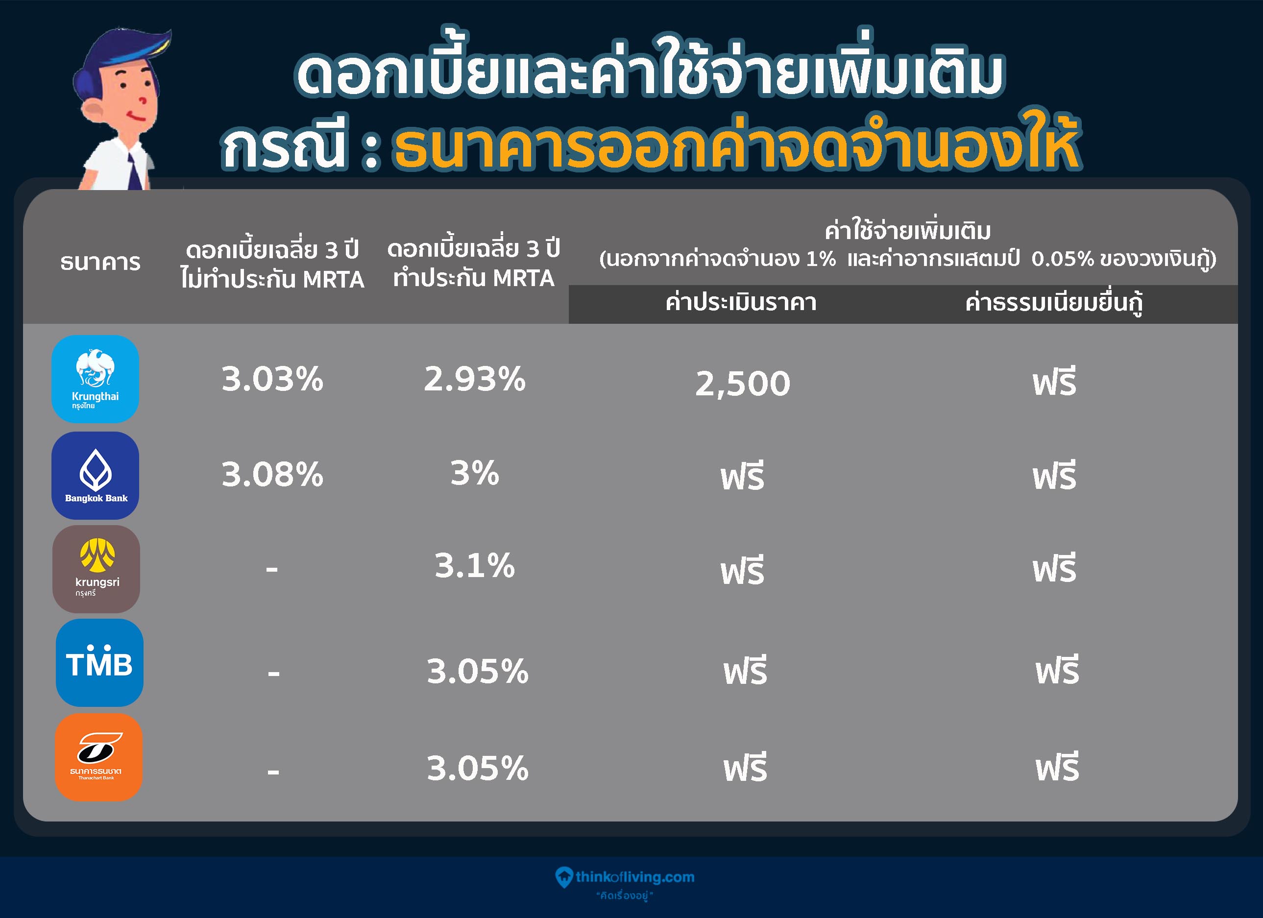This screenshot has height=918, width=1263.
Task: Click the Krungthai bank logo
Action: tap(95, 379)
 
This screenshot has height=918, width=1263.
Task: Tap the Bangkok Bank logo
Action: tap(95, 476)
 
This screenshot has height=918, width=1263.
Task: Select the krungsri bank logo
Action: tap(97, 569)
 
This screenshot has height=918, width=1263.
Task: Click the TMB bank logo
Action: tap(99, 662)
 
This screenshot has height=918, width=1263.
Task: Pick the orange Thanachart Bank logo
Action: tap(98, 757)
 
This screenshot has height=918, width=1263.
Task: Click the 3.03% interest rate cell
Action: tap(272, 379)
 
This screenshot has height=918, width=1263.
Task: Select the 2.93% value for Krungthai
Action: tap(474, 379)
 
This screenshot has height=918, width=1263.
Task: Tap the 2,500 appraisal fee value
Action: tap(742, 384)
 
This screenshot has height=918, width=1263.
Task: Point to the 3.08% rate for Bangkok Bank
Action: tap(272, 474)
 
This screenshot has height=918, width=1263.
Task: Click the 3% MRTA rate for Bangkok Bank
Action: tap(474, 473)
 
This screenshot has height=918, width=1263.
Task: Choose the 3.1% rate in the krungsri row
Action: tap(474, 566)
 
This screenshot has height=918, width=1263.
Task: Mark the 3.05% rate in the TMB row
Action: tap(477, 672)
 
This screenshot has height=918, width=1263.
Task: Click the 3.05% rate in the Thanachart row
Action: tap(477, 768)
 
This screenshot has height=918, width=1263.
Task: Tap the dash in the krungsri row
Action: tap(272, 569)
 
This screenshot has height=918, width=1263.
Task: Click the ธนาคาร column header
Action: tap(100, 262)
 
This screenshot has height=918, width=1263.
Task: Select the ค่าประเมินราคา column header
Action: tap(741, 302)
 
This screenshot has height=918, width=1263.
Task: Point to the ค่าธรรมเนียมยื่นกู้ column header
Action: tap(1054, 302)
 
